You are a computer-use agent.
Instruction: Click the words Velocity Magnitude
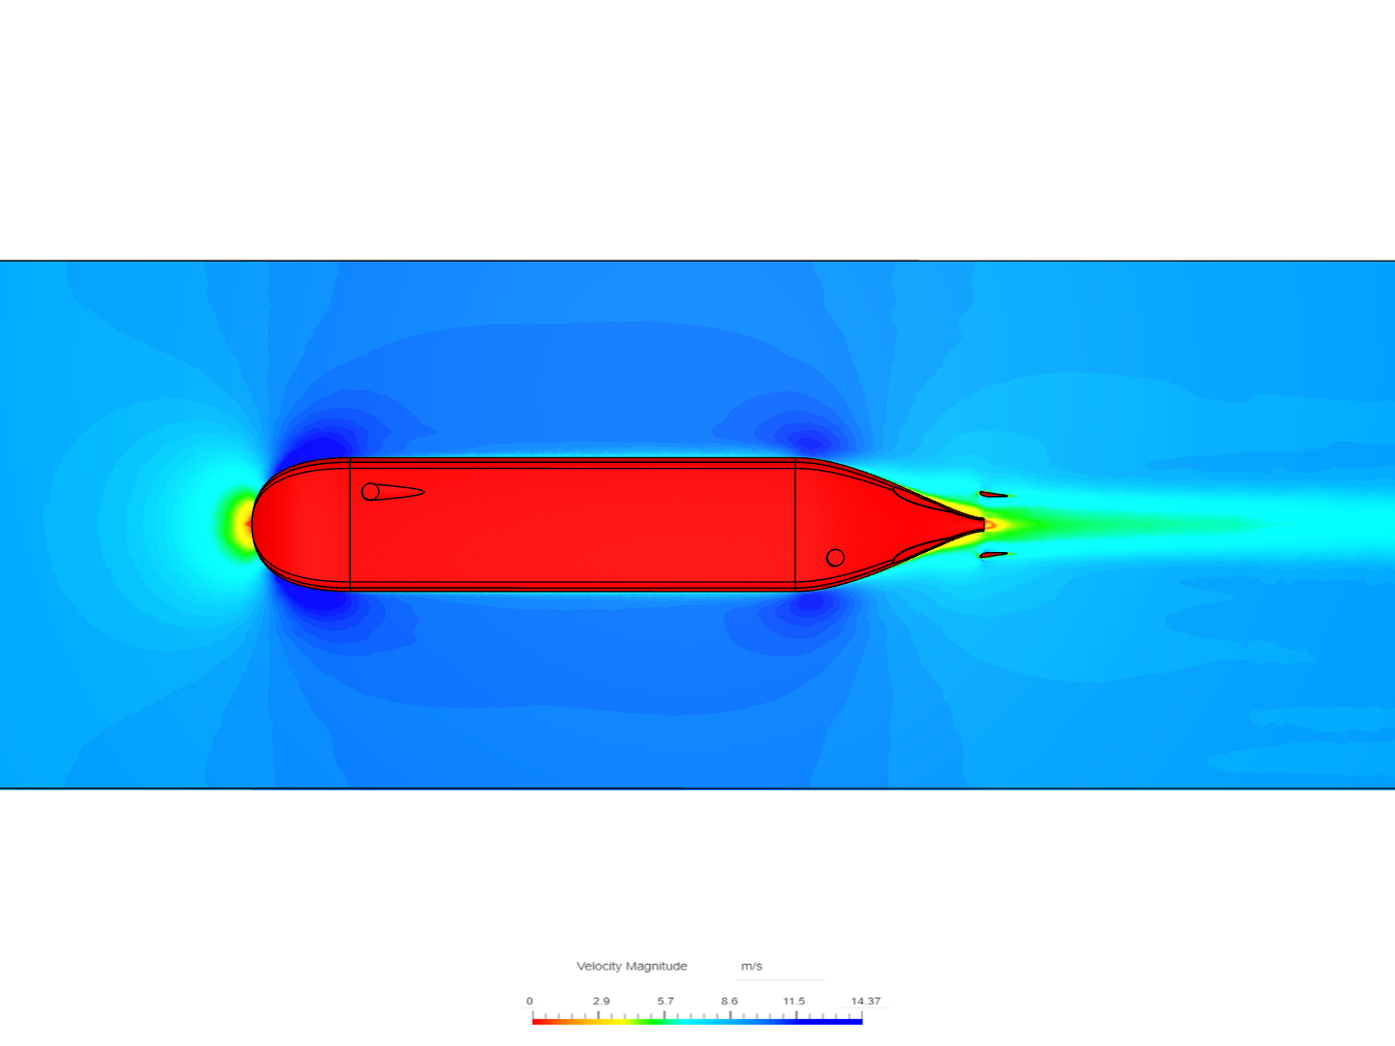click(x=632, y=966)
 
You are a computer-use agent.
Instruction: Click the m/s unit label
click(x=751, y=966)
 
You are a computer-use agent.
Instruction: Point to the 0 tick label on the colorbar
click(x=529, y=1000)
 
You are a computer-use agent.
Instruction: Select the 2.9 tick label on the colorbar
click(x=602, y=1000)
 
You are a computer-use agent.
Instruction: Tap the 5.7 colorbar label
click(x=666, y=1000)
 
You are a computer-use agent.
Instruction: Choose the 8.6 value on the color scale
click(x=729, y=1000)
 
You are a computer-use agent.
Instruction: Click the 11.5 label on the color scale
click(x=793, y=1000)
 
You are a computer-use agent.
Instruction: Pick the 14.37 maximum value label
click(x=866, y=1000)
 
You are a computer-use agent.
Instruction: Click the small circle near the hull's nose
click(x=370, y=492)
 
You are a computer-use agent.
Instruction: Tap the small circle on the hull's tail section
click(x=835, y=558)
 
